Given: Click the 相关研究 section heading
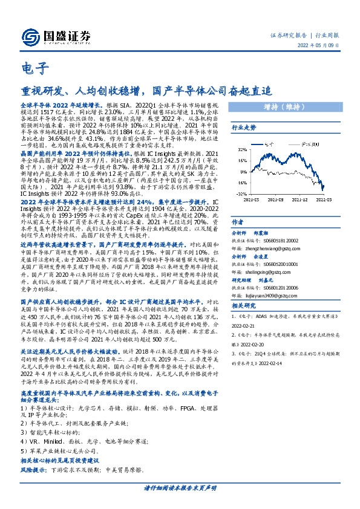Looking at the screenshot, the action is coord(244,306).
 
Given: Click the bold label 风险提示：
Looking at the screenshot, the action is coord(34,470).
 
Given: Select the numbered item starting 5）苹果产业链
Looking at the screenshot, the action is coord(53,451).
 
